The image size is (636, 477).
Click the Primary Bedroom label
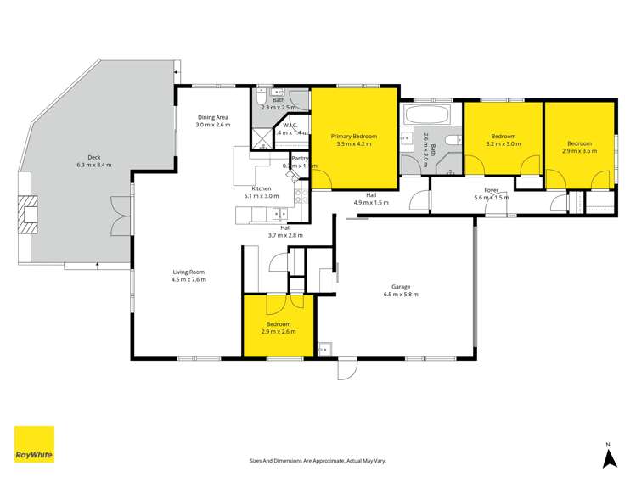(354, 140)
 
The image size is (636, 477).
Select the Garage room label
(401, 290)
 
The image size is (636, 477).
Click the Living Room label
(189, 275)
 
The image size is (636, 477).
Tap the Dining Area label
(213, 121)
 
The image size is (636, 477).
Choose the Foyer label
(492, 194)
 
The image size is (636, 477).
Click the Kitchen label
(261, 192)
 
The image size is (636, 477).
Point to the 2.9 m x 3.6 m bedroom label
(579, 147)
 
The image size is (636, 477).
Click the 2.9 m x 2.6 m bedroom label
(278, 328)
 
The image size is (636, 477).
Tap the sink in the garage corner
(325, 348)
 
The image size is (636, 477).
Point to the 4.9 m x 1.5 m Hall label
(371, 199)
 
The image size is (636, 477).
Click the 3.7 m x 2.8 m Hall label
(285, 231)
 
